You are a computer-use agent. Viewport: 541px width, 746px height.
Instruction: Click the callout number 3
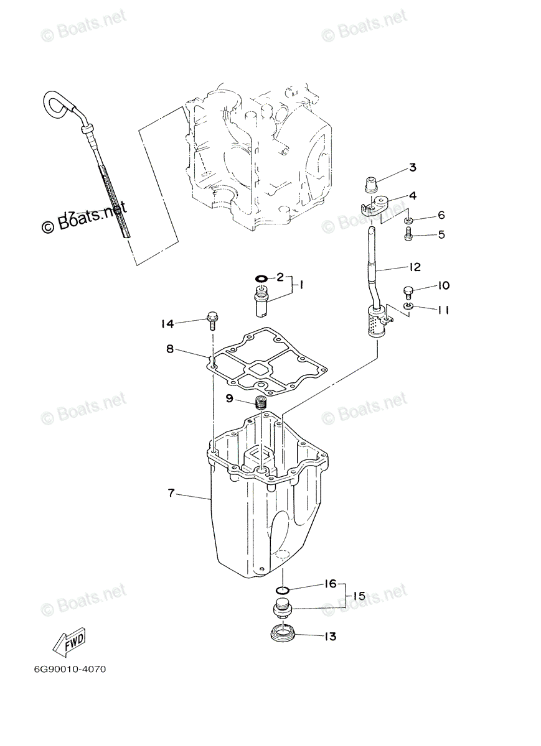(413, 167)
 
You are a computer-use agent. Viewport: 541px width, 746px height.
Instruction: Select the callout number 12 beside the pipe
(415, 267)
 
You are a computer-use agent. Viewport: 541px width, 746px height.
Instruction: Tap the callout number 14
(166, 323)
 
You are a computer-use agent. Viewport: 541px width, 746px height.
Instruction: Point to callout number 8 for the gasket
(169, 349)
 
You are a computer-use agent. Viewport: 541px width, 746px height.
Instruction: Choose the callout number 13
(329, 636)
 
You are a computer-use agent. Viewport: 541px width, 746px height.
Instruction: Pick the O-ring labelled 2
(262, 278)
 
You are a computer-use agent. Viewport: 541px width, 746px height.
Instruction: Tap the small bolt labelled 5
(408, 235)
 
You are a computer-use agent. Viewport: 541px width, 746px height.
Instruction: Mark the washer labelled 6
(407, 220)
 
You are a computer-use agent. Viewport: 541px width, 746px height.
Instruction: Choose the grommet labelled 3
(370, 184)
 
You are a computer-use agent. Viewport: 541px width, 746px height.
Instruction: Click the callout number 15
(359, 596)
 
